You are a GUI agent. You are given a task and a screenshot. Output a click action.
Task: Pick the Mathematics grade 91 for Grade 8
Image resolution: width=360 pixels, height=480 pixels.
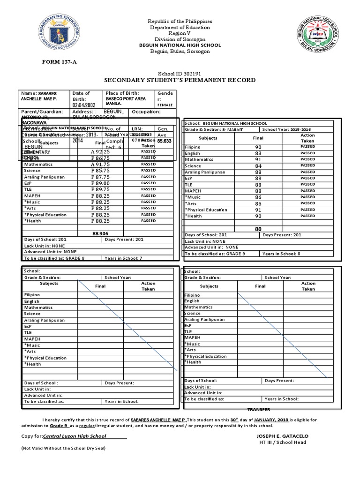click(258, 159)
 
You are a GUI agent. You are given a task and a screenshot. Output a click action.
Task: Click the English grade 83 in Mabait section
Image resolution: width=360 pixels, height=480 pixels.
click(258, 153)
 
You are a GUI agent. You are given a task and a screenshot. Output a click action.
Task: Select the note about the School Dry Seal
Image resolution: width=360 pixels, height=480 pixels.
click(63, 448)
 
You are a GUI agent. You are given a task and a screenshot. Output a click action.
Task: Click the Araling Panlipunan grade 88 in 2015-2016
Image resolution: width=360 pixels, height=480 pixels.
click(258, 172)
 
